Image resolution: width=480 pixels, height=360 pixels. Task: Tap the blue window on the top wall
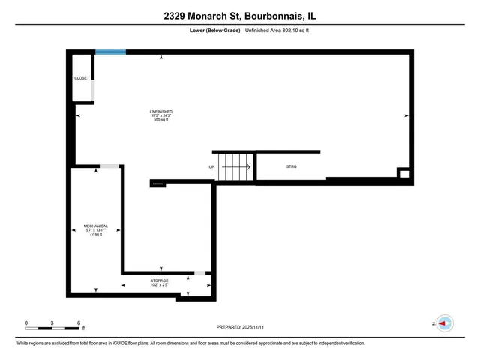[x=110, y=52]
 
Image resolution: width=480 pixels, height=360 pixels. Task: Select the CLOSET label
[x=81, y=78]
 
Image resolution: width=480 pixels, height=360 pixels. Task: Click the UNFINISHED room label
[x=161, y=112]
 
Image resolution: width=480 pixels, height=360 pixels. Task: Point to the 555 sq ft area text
[x=161, y=120]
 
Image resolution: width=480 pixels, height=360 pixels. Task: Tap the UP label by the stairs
[x=211, y=166]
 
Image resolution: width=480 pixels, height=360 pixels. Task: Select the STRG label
[x=292, y=166]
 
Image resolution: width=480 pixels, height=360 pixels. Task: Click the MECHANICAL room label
[x=96, y=226]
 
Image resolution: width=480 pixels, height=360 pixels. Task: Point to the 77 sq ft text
[x=96, y=234]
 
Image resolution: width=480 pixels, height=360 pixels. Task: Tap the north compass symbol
[x=445, y=323]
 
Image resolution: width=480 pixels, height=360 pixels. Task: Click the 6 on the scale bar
[x=79, y=322]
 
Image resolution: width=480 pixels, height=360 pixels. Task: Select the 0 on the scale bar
[x=26, y=322]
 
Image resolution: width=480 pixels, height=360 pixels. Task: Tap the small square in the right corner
[x=403, y=174]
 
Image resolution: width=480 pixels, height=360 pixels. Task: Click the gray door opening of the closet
[x=93, y=90]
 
